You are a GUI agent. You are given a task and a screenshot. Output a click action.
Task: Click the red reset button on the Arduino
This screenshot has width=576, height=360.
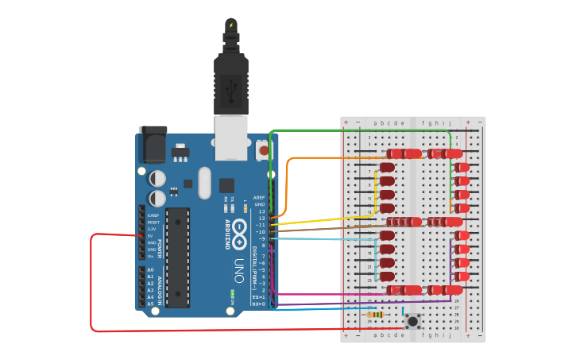[263, 149]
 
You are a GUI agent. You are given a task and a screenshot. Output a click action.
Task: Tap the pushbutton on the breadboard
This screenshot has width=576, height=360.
[412, 322]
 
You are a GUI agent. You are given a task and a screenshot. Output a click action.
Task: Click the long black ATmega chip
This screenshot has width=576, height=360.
[177, 257]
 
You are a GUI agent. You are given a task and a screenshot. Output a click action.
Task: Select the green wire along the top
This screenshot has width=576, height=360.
[358, 130]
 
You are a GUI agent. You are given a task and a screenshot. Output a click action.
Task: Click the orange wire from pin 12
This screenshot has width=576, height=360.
[287, 183]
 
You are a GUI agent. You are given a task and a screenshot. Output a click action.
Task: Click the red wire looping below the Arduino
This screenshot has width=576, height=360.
[92, 286]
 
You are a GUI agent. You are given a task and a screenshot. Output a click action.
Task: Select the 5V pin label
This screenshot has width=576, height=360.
[151, 235]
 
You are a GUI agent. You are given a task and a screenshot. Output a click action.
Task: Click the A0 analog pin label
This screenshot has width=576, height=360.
[150, 270]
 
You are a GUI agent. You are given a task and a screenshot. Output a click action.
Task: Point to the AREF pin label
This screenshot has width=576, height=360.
[259, 197]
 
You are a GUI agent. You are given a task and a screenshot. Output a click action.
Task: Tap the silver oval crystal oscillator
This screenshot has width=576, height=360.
[204, 183]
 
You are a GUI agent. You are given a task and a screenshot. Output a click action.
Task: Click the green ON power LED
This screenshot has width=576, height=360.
[232, 294]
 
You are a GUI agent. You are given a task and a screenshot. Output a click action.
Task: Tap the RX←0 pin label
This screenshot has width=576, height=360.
[258, 304]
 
